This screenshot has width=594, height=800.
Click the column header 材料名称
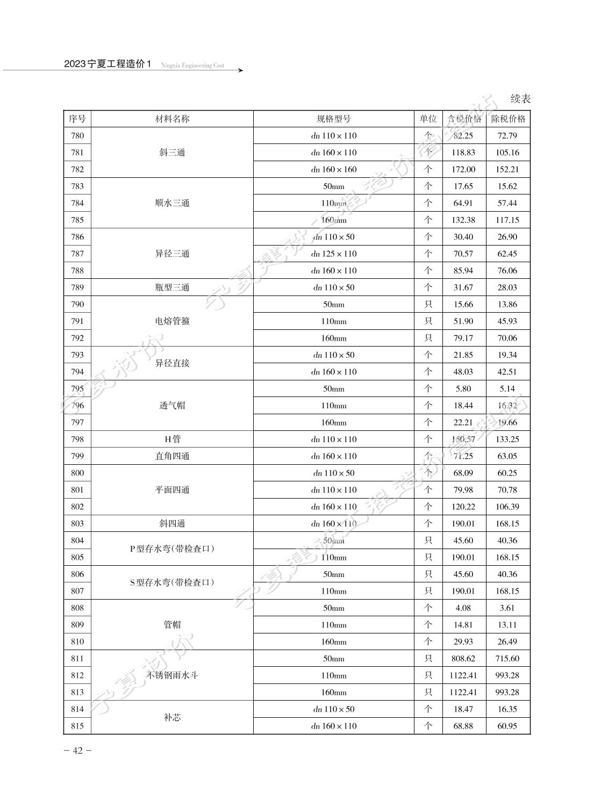(x=172, y=119)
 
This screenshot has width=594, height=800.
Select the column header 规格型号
(x=333, y=119)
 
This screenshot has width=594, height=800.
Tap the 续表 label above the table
(x=520, y=99)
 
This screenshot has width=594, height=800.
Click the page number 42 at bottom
(x=77, y=751)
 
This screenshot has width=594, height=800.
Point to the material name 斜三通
(x=172, y=153)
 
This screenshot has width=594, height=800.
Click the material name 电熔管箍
(x=172, y=321)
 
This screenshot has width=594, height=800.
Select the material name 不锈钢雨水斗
(x=172, y=675)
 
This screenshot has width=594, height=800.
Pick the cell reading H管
(x=172, y=439)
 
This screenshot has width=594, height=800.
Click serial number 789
(x=77, y=287)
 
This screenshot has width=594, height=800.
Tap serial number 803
(x=77, y=524)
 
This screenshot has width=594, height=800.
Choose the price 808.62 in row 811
(x=463, y=659)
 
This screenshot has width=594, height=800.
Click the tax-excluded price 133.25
(x=507, y=439)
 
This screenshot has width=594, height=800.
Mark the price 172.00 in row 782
(x=463, y=169)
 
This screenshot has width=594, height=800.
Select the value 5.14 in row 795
(x=507, y=389)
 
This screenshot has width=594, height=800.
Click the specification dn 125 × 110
(x=333, y=254)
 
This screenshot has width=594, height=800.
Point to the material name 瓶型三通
(x=172, y=287)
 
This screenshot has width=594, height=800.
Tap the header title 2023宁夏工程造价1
(x=108, y=64)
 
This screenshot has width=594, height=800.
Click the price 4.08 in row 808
(x=463, y=608)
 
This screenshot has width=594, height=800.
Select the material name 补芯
(x=172, y=717)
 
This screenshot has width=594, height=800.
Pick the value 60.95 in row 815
(x=507, y=726)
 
